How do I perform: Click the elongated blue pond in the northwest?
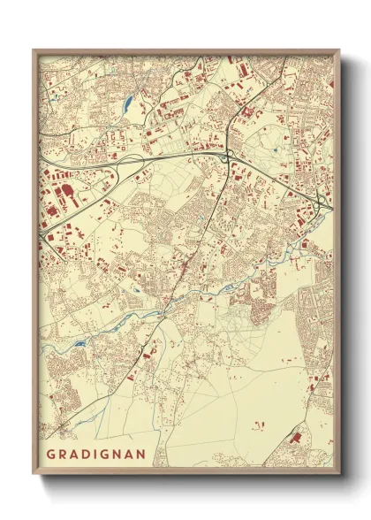coord(129,103)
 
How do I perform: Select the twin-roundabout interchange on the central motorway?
coord(228,157)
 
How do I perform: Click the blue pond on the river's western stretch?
coord(79,343)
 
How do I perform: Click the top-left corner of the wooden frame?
coord(34,50)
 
